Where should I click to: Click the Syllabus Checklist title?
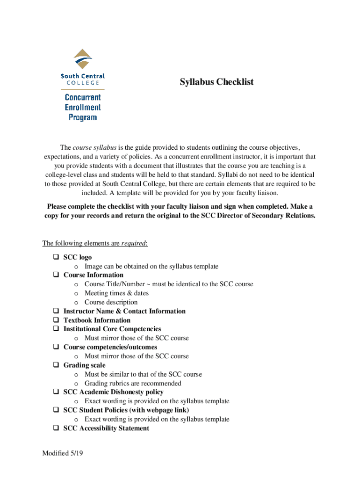[x=217, y=82]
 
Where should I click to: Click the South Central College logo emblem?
[x=83, y=59]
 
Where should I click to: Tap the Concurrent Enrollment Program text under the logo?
[x=83, y=107]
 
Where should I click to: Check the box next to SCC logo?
[x=55, y=257]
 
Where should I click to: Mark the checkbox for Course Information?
[x=55, y=275]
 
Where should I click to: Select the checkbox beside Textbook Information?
[x=55, y=320]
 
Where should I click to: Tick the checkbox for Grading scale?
[x=55, y=365]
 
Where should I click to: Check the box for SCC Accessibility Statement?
[x=55, y=428]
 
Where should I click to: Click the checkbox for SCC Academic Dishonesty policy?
[x=55, y=392]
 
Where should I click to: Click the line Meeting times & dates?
[x=116, y=293]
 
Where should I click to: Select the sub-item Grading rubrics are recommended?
[x=133, y=384]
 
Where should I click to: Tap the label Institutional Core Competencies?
[x=112, y=329]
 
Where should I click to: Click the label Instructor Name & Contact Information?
[x=124, y=312]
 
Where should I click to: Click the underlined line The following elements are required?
[x=95, y=244]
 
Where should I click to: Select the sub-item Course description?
[x=111, y=302]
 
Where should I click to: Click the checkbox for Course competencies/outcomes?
[x=55, y=348]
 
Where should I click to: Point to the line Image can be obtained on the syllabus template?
[x=151, y=266]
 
